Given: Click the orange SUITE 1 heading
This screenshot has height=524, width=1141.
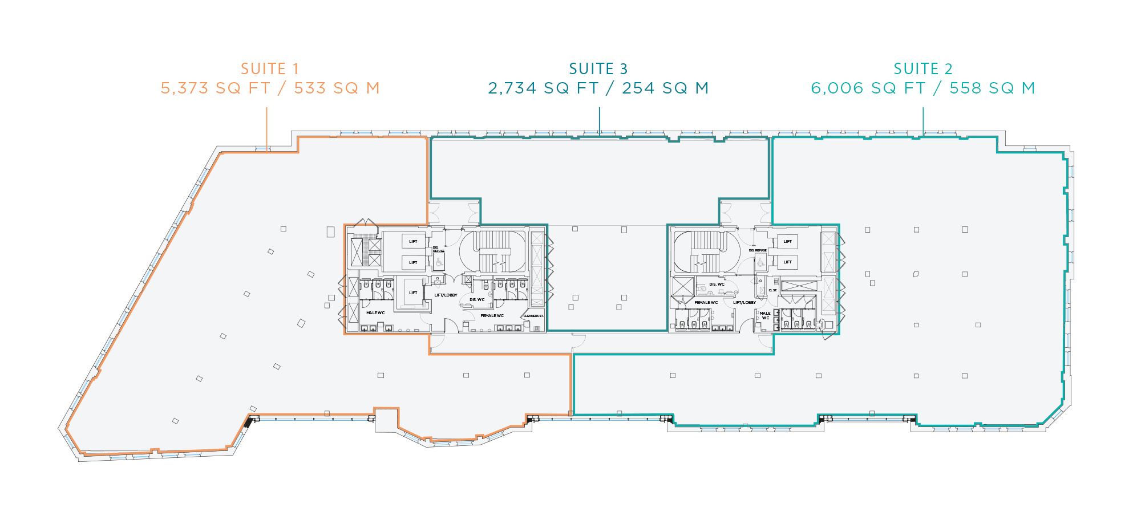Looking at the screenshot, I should coord(270,69).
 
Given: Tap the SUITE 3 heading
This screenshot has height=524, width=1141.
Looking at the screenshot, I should coord(598,69).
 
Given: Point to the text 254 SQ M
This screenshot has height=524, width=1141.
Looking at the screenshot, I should coord(665,88).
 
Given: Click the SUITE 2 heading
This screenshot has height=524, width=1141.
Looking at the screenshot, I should coord(923,69).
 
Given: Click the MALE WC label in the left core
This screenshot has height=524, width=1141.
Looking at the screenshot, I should coord(375,313).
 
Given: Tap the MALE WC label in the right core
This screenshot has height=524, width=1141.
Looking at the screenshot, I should coord(765,315).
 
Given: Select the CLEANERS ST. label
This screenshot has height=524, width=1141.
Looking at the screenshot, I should coord(533,316).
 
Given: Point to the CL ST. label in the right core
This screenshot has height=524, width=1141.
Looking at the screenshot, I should coord(772,290).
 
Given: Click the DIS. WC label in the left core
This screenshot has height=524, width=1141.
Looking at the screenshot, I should coord(477,299).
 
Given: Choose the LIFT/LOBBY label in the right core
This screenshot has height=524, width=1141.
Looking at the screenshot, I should coord(745,303).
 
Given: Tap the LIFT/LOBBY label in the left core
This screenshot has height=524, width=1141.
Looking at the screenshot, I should coord(446,295).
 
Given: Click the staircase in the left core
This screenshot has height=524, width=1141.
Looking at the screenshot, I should coord(493,251).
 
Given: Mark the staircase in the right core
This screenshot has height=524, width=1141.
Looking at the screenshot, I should coord(706,251).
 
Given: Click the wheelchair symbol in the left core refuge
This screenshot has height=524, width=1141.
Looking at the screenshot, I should coord(439,263).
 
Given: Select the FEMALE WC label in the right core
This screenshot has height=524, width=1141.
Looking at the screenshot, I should coord(706,303).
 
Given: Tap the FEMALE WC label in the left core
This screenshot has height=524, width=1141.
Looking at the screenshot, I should coord(492,315).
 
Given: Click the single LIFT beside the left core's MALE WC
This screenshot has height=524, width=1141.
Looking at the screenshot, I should coord(413,293).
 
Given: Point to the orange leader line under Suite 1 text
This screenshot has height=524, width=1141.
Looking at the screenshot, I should coord(267,128).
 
